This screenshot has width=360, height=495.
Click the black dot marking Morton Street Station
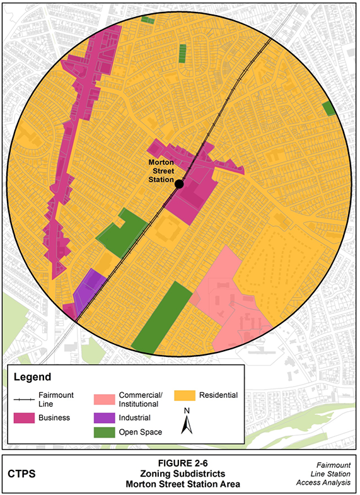pyautogui.click(x=179, y=183)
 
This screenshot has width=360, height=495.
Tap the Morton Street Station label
pyautogui.click(x=160, y=170)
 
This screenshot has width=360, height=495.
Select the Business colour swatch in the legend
pyautogui.click(x=26, y=417)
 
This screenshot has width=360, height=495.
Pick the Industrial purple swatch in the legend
pyautogui.click(x=105, y=417)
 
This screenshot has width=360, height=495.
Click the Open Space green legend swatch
pyautogui.click(x=105, y=432)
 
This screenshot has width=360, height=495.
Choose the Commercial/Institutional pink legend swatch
pyautogui.click(x=105, y=399)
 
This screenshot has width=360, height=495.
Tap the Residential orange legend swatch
pyautogui.click(x=185, y=396)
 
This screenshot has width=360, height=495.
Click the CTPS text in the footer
pyautogui.click(x=23, y=473)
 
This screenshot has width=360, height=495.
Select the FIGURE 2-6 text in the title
pyautogui.click(x=180, y=463)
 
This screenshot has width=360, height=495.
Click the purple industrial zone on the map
pyautogui.click(x=88, y=287)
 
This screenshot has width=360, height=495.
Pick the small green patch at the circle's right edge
pyautogui.click(x=328, y=108)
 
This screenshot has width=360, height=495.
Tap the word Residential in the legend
pyautogui.click(x=217, y=395)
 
